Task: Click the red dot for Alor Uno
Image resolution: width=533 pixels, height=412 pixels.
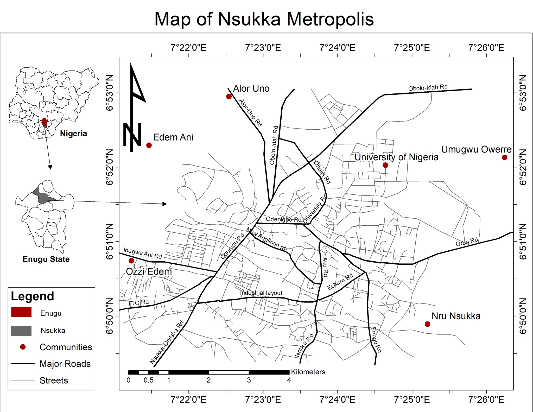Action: (x=229, y=97)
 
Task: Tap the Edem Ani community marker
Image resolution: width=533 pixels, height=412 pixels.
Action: (x=149, y=145)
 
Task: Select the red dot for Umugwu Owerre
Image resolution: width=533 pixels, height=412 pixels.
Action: (x=504, y=157)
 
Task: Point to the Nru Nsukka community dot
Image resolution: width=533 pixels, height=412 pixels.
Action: (x=427, y=324)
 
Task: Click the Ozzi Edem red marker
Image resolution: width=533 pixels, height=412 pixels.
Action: (x=131, y=261)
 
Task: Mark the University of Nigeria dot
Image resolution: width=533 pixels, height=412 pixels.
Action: (x=385, y=165)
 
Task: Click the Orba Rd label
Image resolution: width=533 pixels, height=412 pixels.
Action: (x=467, y=242)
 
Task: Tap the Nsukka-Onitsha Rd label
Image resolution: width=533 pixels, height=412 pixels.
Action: (x=167, y=343)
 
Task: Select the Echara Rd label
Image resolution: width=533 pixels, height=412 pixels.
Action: (x=340, y=282)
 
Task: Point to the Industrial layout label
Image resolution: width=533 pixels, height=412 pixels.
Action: (x=261, y=293)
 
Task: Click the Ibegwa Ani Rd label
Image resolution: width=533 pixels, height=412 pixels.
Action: (x=143, y=253)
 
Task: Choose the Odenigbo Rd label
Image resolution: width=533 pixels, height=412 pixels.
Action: (x=283, y=219)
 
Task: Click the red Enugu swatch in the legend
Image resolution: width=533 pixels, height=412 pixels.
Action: (x=21, y=312)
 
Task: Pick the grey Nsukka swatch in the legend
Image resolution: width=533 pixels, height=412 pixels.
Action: (x=21, y=331)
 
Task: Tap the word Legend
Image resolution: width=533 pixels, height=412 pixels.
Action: (x=33, y=296)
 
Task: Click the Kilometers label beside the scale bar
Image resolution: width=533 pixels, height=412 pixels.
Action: (x=308, y=372)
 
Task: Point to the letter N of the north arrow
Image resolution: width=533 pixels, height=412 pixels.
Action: (x=132, y=135)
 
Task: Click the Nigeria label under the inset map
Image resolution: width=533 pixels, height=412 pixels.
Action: (x=73, y=134)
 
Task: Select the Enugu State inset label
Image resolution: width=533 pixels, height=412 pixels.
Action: (x=46, y=259)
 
